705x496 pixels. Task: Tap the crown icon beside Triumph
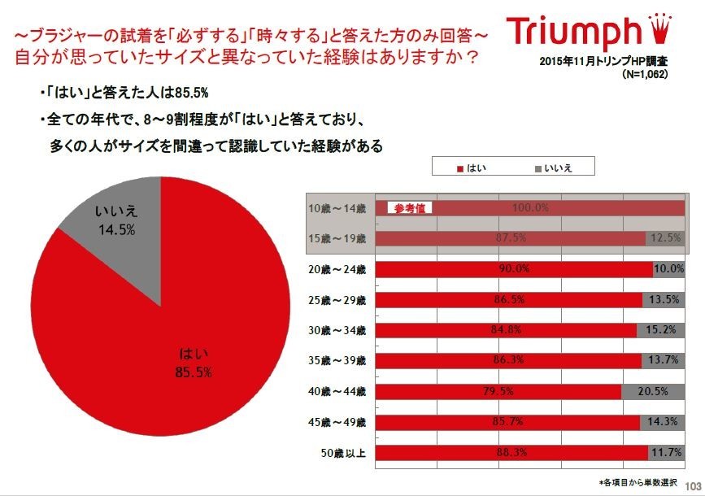click(x=666, y=28)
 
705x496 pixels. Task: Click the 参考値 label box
click(x=409, y=208)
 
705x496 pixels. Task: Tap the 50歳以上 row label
click(x=342, y=452)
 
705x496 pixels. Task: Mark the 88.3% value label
click(x=512, y=452)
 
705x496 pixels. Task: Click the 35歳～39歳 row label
click(x=338, y=361)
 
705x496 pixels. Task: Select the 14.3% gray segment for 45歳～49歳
click(x=664, y=422)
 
